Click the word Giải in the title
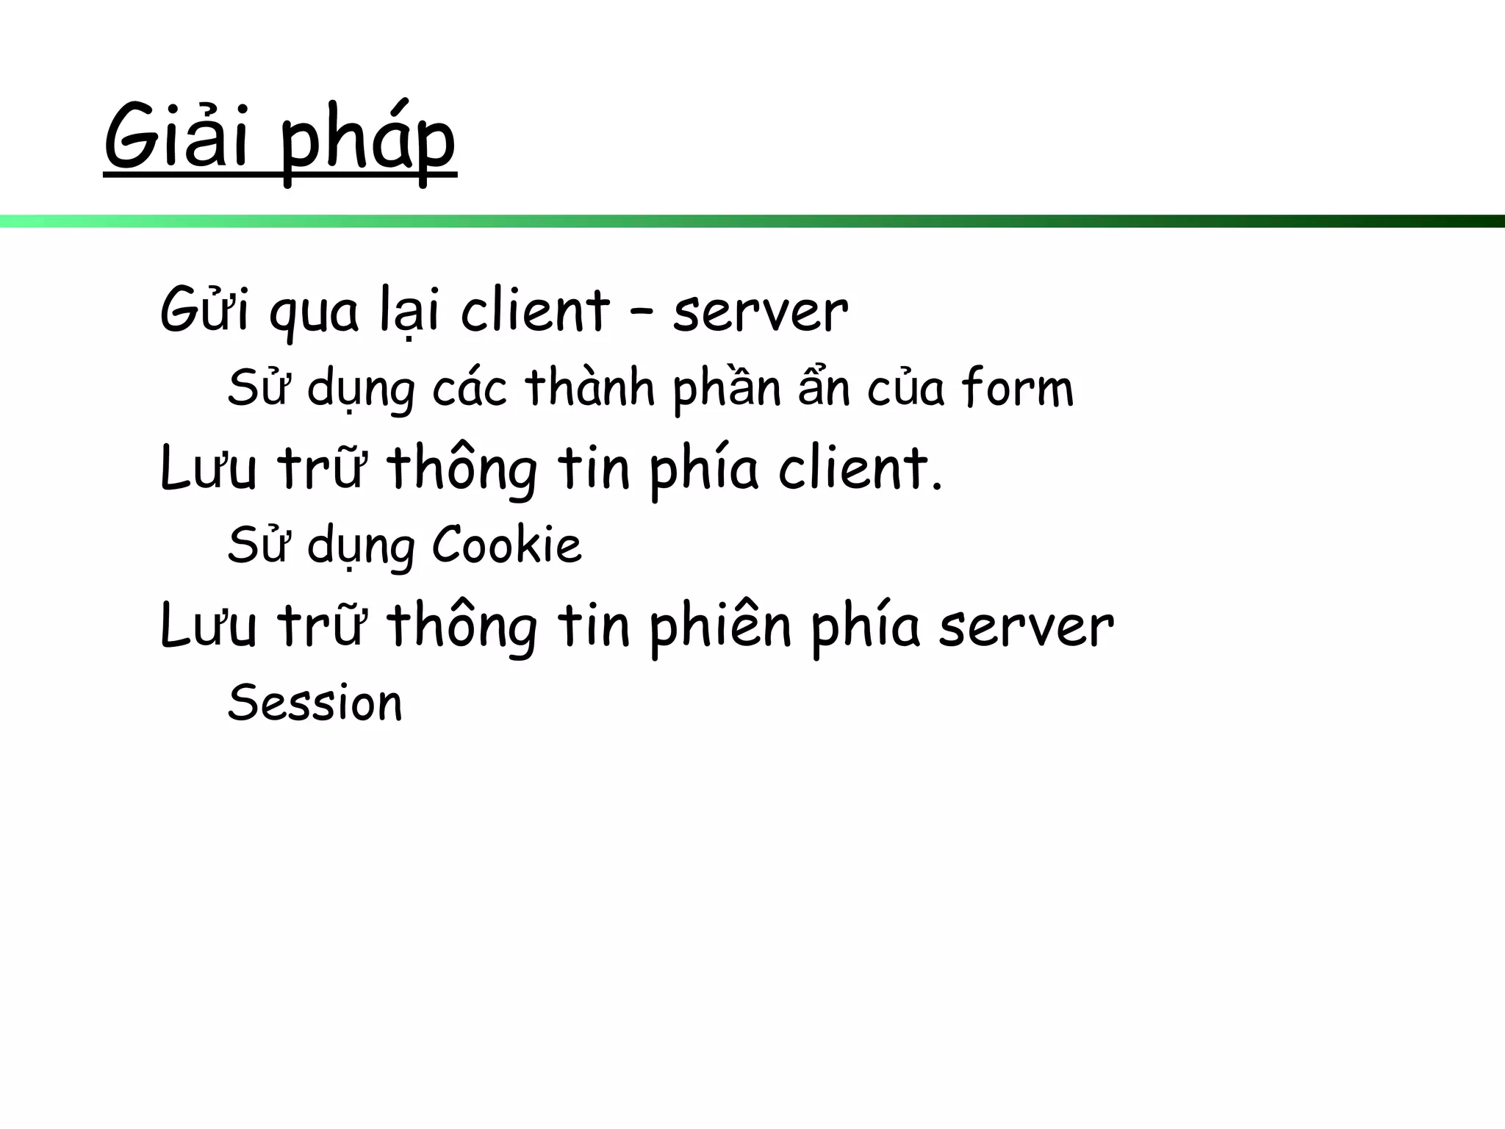click(x=177, y=137)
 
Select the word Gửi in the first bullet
click(x=204, y=309)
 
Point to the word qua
click(x=315, y=315)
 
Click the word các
click(x=470, y=388)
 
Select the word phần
click(x=727, y=388)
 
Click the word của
click(x=905, y=388)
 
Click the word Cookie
click(x=507, y=545)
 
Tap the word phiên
click(x=720, y=627)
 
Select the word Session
click(x=315, y=703)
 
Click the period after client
click(x=935, y=486)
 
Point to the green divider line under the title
click(x=752, y=221)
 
